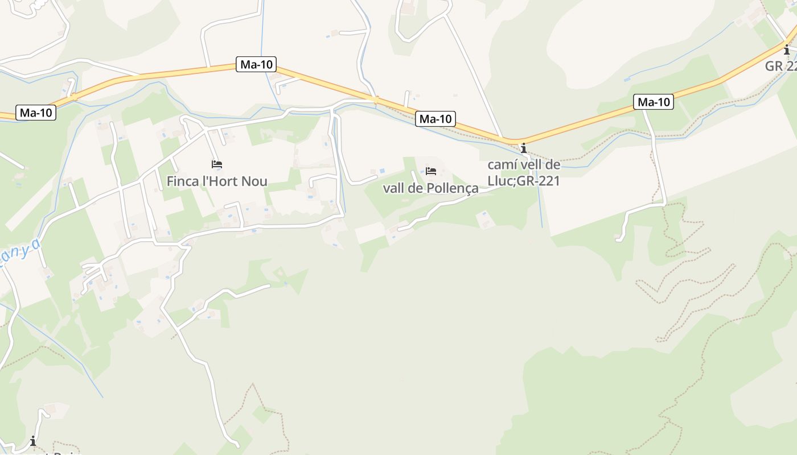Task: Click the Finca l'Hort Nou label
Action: coord(217,181)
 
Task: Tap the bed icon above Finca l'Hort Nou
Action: coord(216,164)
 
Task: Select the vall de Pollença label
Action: coord(430,188)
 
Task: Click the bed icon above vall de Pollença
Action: coord(431,171)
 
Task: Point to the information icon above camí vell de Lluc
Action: coord(524,148)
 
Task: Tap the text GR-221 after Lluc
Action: coord(539,181)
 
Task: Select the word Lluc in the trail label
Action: coord(500,181)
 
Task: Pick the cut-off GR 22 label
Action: coord(780,66)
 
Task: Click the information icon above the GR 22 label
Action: coord(787,49)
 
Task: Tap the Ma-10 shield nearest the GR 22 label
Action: coord(654,102)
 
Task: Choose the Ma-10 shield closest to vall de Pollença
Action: coord(436,119)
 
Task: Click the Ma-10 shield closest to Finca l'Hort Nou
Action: coord(256,64)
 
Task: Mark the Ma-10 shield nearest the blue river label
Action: coord(36,113)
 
